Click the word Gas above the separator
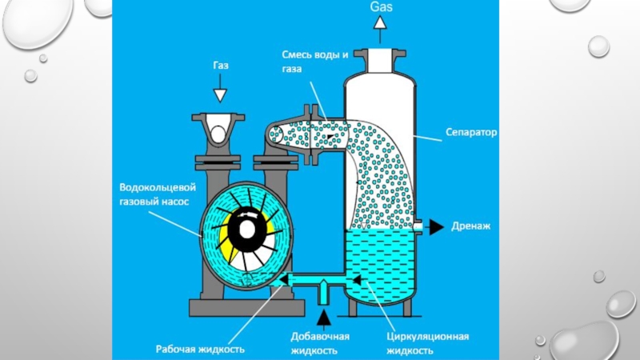point(381,7)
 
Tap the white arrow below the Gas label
point(380,30)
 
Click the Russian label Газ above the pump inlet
point(221,66)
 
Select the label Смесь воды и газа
point(314,62)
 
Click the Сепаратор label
point(471,132)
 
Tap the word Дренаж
point(470,226)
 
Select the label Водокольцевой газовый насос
point(158,194)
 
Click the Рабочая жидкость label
point(200,350)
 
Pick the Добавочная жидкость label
point(320,343)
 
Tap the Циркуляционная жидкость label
point(427,343)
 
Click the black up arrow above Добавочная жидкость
point(324,319)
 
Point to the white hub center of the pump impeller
point(247,230)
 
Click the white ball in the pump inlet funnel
point(218,134)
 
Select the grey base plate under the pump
point(246,308)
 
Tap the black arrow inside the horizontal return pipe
point(356,280)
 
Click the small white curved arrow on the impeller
point(246,214)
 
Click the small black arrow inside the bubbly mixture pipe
point(330,137)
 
